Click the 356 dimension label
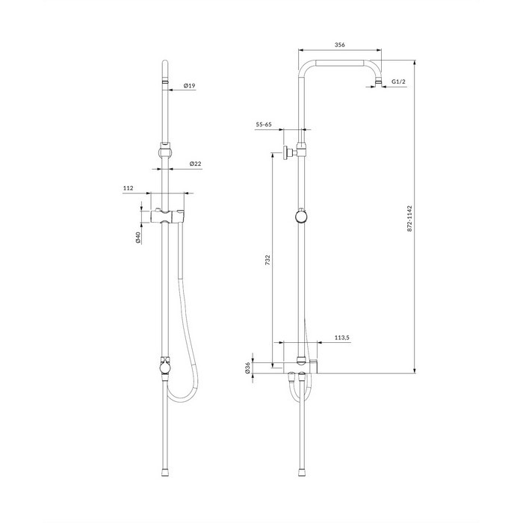pos(339,45)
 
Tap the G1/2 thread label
pos(398,81)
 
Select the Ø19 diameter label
pos(189,86)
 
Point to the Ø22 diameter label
pos(196,164)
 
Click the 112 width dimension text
pos(128,188)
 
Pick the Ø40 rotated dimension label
pos(138,237)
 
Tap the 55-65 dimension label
pos(264,125)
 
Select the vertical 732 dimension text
pos(267,260)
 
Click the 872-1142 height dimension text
pos(410,218)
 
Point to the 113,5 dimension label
pos(342,338)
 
